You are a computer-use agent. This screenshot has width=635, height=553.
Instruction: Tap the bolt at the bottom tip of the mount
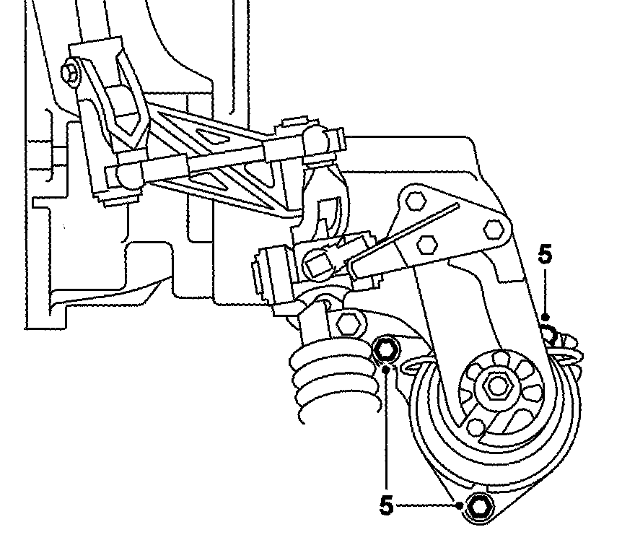[x=478, y=508]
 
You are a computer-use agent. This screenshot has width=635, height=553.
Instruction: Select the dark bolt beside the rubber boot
[x=387, y=350]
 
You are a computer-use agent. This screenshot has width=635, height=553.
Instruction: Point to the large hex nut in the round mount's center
[x=496, y=387]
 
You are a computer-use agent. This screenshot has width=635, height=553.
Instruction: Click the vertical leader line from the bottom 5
[x=387, y=433]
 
